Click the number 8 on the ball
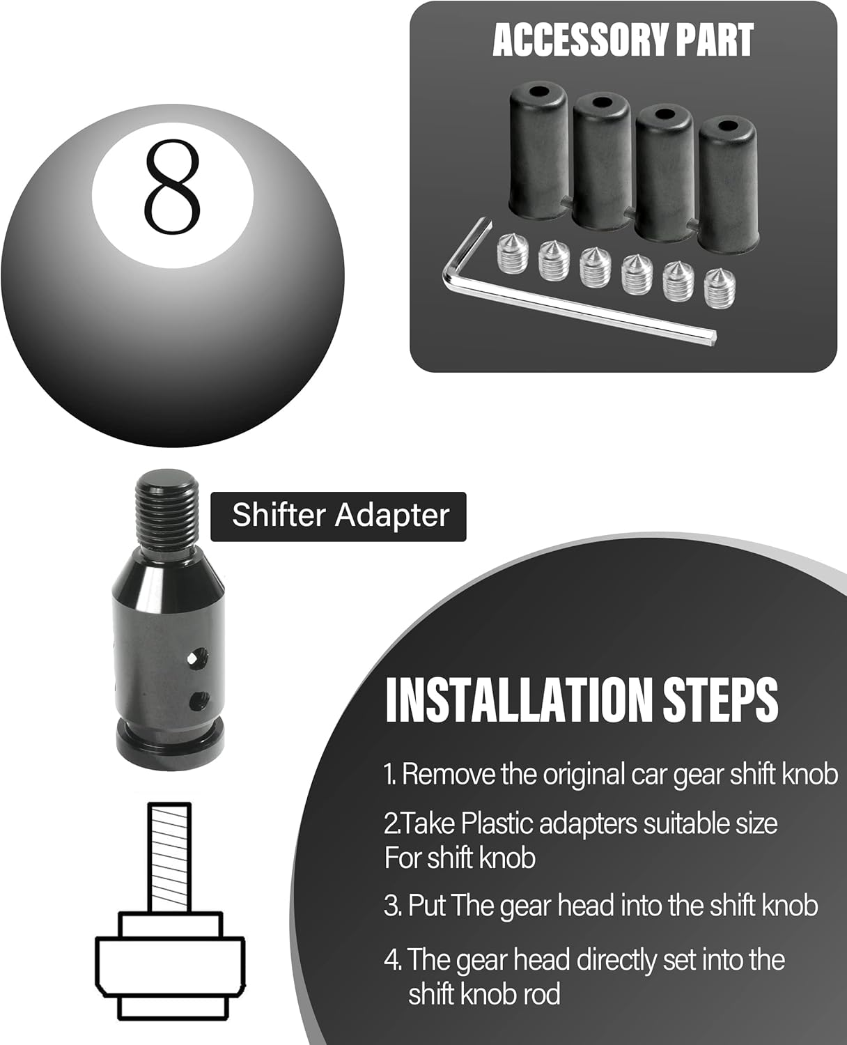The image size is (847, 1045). pos(172,186)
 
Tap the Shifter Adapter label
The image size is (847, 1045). pos(339,516)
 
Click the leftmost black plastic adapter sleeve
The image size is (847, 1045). pos(534,148)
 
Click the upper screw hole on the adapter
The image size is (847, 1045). pos(201,655)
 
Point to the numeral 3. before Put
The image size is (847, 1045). pos(392,906)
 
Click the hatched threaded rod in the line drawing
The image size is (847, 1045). pos(169,857)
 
